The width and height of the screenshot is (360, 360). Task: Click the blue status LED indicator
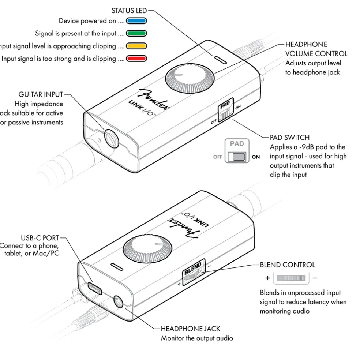point(136,21)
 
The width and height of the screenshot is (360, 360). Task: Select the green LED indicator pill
point(136,34)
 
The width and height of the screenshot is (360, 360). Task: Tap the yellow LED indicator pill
point(136,46)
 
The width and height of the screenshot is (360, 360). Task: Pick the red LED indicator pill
point(136,59)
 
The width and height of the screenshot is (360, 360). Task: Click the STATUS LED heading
point(129,11)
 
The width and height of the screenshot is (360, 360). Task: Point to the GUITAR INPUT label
point(41,95)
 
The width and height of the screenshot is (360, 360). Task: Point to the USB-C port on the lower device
point(94,288)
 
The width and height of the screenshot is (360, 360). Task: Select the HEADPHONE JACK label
point(191,329)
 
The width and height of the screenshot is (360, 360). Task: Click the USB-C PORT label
point(40,238)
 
